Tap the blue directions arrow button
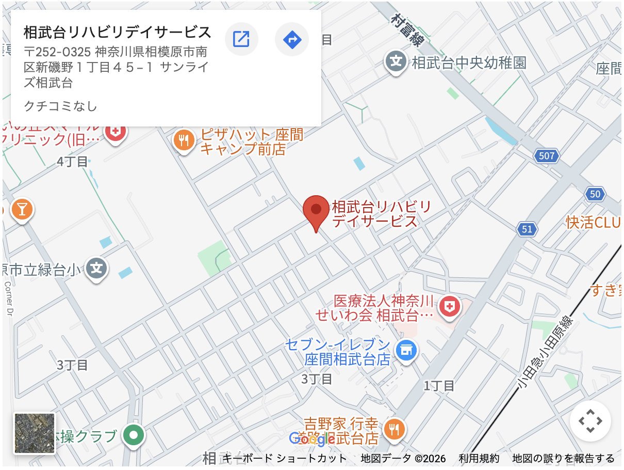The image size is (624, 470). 292,39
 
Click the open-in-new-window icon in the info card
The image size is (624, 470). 241,39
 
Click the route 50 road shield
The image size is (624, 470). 595,194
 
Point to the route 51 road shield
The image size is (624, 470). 527,229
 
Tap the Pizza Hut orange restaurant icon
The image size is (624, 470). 184,139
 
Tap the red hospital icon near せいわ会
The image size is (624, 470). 449,307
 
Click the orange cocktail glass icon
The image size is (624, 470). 22,209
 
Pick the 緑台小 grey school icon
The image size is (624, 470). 96,268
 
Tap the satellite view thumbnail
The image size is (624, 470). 34,433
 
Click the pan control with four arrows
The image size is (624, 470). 590,421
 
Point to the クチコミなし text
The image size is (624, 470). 60,106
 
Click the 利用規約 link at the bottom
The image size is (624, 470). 479,458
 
